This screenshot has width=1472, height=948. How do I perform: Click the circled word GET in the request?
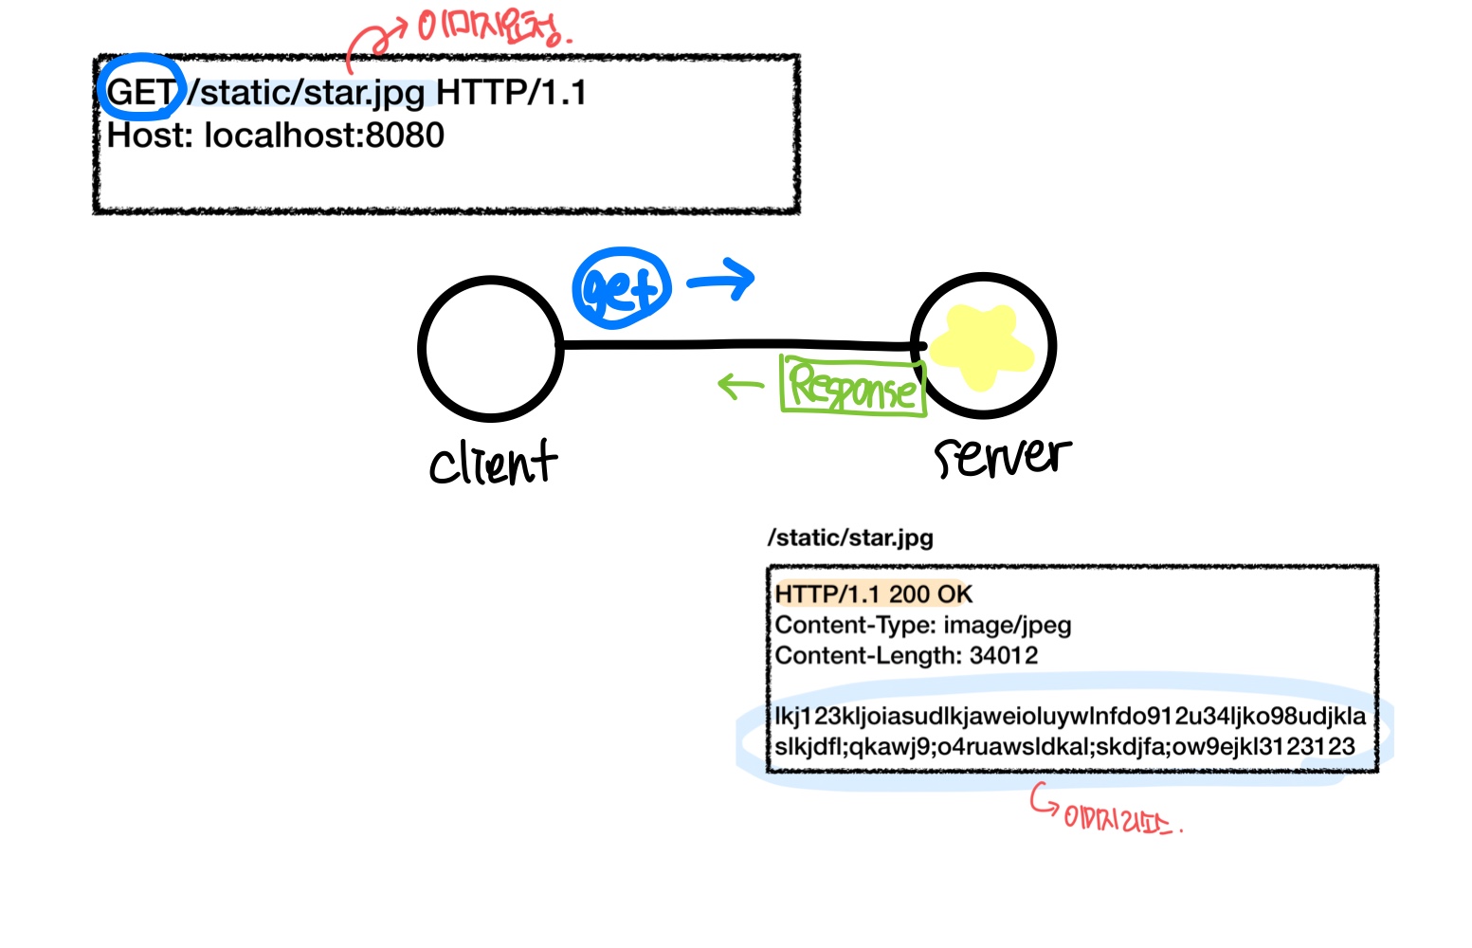[140, 92]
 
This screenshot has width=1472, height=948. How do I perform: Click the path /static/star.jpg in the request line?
[306, 93]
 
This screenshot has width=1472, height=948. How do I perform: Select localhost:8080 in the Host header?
[324, 136]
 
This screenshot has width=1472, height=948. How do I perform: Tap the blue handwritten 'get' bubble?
[621, 288]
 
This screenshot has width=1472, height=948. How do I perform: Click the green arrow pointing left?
[740, 385]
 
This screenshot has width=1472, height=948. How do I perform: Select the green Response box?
[852, 385]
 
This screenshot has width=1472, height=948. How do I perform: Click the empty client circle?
[491, 348]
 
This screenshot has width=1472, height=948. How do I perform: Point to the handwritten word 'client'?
[493, 463]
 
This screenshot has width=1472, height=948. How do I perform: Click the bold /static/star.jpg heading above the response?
[850, 538]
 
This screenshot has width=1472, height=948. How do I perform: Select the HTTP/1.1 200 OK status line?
[873, 594]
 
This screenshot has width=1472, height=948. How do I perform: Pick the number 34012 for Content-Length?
[1003, 656]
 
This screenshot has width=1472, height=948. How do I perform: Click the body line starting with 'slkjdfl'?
[1064, 747]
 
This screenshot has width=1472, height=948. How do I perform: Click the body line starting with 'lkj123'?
[1069, 716]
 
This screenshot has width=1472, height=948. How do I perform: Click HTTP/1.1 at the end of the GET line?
[511, 93]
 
